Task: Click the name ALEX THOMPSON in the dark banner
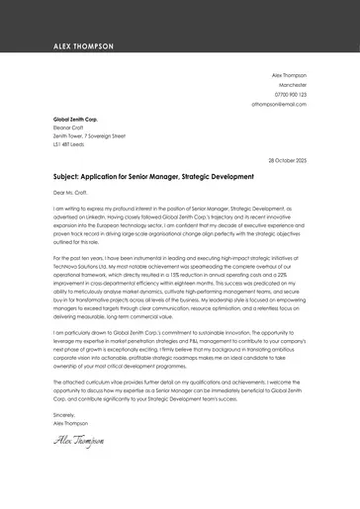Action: tap(84, 46)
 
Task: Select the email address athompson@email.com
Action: tap(279, 103)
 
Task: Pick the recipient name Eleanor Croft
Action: tap(69, 127)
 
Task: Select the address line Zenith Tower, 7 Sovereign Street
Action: tap(89, 135)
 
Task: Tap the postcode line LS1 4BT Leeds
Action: tap(70, 144)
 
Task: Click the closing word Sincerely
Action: tap(64, 442)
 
